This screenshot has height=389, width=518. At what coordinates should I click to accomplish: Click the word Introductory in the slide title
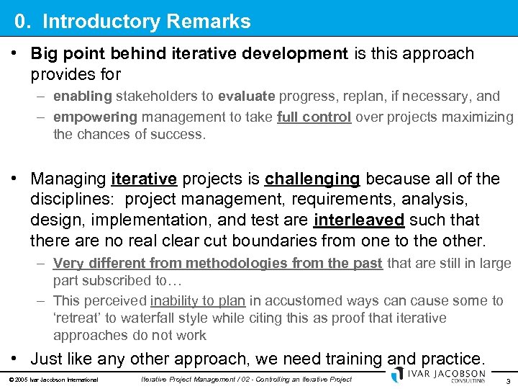pyautogui.click(x=92, y=22)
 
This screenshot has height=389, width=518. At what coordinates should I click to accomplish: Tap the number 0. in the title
pyautogui.click(x=24, y=22)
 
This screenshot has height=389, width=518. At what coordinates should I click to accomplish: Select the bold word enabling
pyautogui.click(x=82, y=97)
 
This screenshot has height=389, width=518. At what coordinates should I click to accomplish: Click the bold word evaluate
pyautogui.click(x=247, y=97)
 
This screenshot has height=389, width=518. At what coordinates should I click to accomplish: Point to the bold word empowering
pyautogui.click(x=95, y=117)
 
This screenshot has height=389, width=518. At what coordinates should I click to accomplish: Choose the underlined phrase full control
pyautogui.click(x=314, y=117)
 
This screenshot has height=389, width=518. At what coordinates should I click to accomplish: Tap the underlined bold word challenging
pyautogui.click(x=312, y=179)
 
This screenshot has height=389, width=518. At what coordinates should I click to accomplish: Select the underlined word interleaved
pyautogui.click(x=360, y=219)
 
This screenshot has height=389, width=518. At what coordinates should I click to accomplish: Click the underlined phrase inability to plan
pyautogui.click(x=198, y=300)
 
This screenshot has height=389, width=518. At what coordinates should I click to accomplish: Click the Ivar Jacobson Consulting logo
pyautogui.click(x=438, y=376)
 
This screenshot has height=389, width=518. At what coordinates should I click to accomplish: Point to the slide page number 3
pyautogui.click(x=508, y=381)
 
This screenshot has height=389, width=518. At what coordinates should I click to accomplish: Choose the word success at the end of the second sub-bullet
pyautogui.click(x=182, y=134)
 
